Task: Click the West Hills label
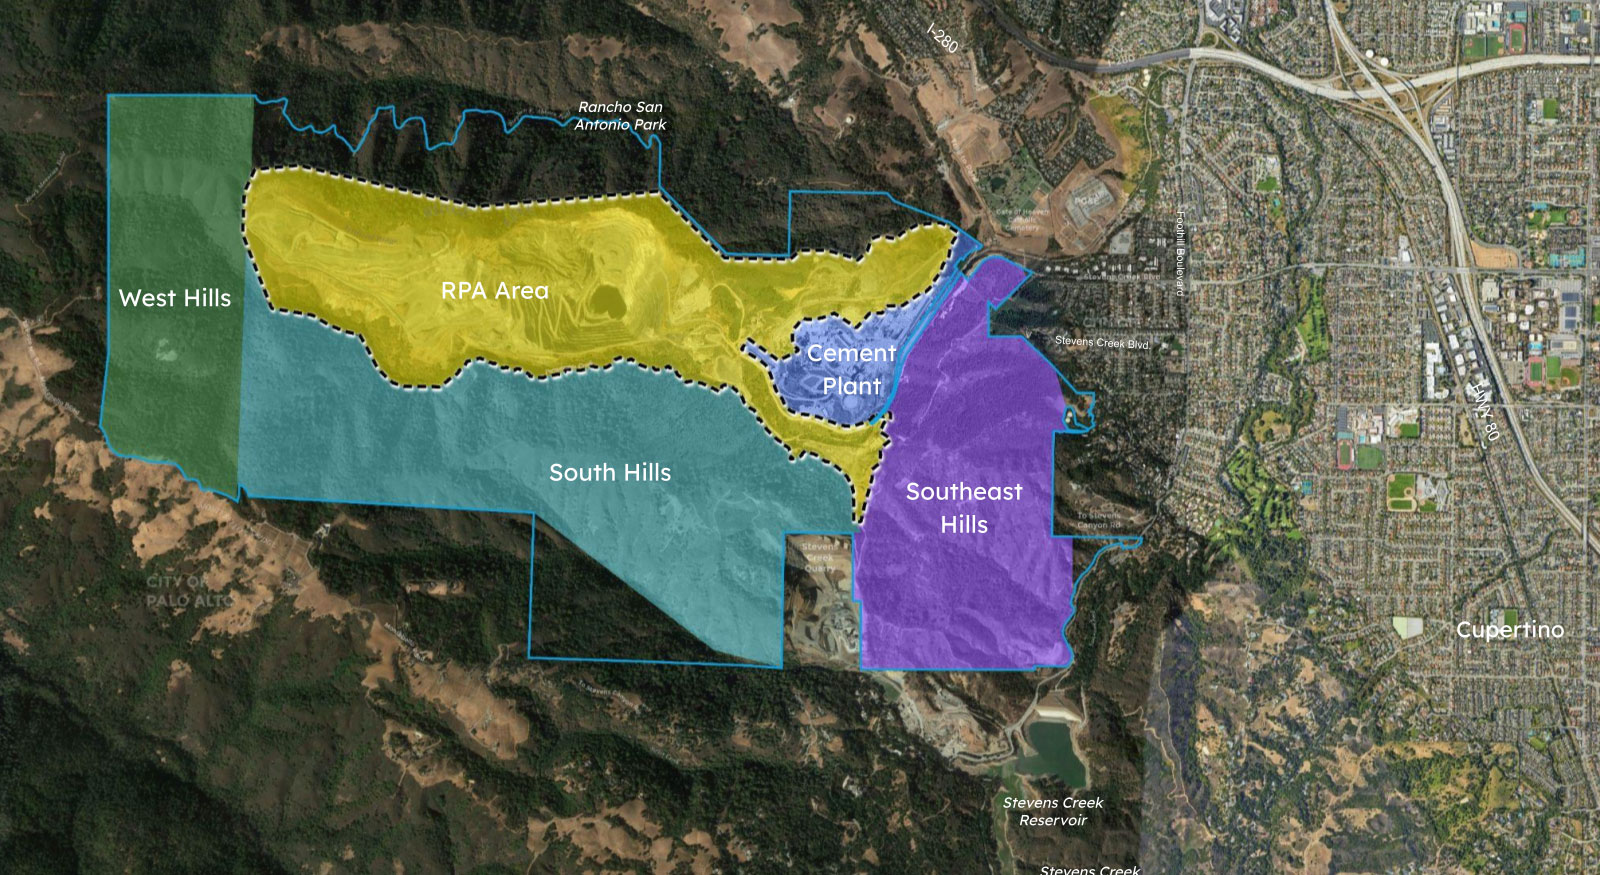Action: (174, 298)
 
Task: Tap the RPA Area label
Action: (495, 291)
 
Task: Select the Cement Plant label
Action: (851, 369)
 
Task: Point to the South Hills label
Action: (610, 472)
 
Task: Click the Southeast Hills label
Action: (964, 507)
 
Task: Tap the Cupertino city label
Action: (1509, 630)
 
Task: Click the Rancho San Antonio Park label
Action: (620, 116)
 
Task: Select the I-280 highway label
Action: (942, 38)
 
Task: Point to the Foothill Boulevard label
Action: (1180, 252)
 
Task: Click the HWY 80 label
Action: (1484, 410)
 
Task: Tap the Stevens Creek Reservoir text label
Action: (1053, 811)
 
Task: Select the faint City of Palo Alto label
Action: (186, 591)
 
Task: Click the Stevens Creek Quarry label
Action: (819, 557)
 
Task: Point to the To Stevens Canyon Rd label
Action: (1098, 519)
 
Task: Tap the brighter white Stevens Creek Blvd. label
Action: (1102, 342)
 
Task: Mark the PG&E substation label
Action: (1085, 200)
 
